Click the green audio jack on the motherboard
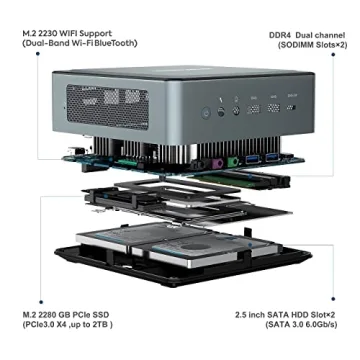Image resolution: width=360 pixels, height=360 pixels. (x=232, y=159)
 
